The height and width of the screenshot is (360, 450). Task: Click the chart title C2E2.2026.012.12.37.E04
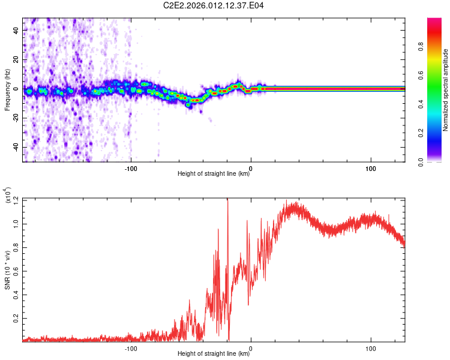[x=214, y=5]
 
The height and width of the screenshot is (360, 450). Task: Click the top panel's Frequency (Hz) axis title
[x=8, y=89]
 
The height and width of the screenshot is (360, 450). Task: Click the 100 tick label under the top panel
[x=371, y=169]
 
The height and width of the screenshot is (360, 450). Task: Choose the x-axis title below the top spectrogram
[x=214, y=174]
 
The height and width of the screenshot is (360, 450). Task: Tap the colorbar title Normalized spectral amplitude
[x=446, y=89]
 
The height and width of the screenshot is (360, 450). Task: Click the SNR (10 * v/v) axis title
[x=8, y=270]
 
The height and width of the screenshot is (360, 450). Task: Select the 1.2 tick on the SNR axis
[x=16, y=199]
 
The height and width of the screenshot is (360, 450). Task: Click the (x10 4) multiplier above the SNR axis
[x=8, y=196]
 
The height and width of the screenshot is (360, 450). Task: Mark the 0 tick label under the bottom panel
[x=251, y=349]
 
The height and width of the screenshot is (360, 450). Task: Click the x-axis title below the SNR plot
[x=214, y=354]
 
